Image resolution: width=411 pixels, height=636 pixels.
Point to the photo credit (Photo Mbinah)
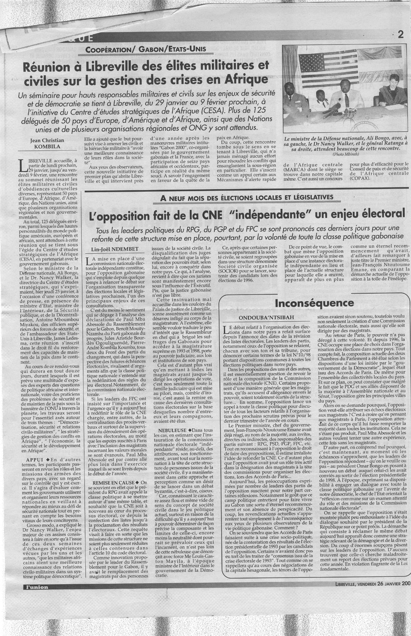click(x=343, y=154)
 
